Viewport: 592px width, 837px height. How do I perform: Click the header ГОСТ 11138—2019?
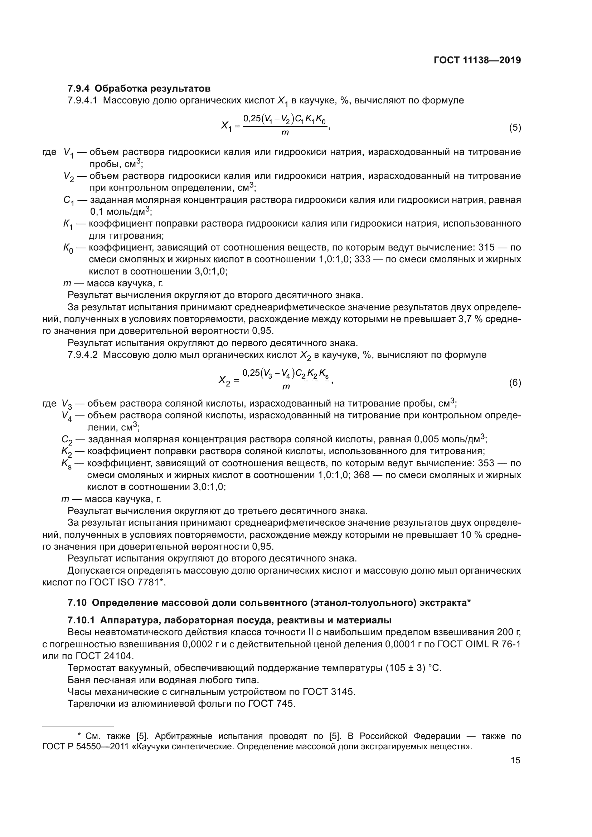477,60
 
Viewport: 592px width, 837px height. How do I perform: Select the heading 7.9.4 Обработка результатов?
139,89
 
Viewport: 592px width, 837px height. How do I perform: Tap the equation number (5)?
515,128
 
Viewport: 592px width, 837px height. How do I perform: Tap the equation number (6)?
515,383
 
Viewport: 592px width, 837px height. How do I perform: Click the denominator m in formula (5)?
285,133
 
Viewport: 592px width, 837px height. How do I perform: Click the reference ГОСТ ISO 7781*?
127,583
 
